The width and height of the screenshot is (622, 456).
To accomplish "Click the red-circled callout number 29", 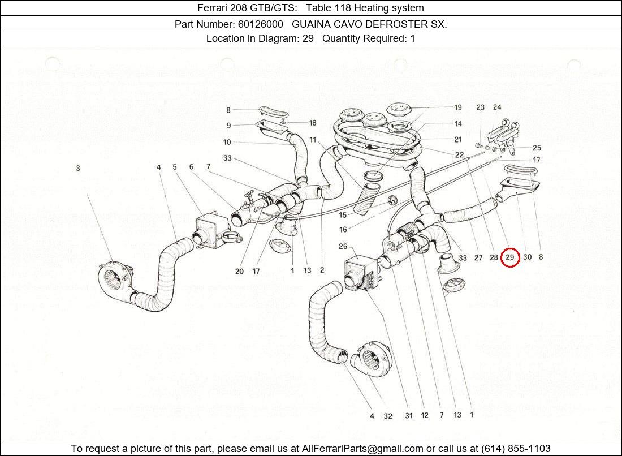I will [510, 257].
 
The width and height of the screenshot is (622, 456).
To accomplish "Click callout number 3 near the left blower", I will [78, 168].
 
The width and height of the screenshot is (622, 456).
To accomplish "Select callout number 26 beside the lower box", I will [343, 246].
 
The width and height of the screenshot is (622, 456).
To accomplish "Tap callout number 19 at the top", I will [458, 107].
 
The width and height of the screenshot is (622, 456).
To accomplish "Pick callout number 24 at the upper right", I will [497, 107].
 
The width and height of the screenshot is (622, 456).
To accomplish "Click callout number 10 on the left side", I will [227, 143].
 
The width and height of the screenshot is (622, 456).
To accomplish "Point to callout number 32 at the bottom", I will [388, 416].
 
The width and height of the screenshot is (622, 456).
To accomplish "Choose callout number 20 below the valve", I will [239, 272].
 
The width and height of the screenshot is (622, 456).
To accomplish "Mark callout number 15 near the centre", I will [343, 215].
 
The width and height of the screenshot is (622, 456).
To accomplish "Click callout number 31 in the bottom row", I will [409, 416].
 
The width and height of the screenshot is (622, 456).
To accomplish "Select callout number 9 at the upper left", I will [228, 126].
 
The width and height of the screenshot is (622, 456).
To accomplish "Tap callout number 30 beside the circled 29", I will [528, 257].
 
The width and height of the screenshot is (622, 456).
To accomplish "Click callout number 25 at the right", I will [537, 148].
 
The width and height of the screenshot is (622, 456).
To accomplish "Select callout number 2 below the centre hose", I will [322, 270].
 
